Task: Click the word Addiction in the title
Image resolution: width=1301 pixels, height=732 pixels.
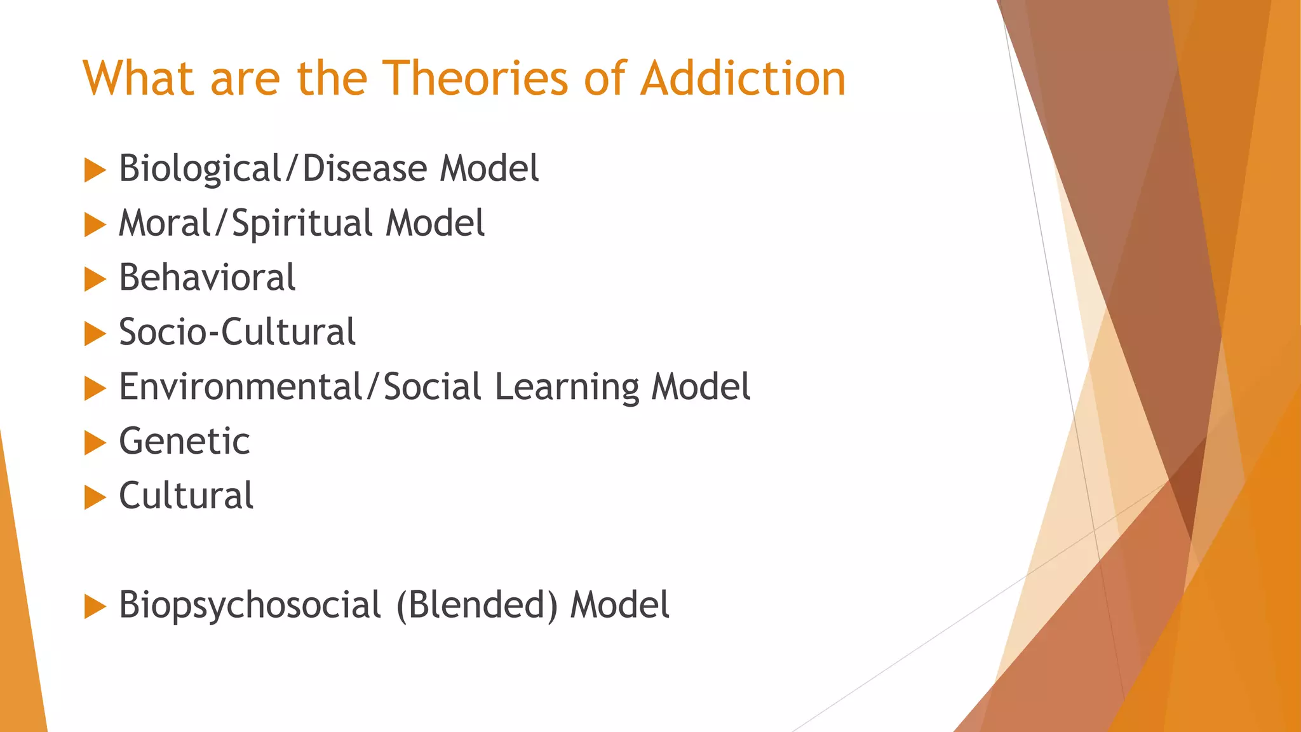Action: [743, 79]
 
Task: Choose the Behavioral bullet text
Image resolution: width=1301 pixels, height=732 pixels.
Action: [207, 278]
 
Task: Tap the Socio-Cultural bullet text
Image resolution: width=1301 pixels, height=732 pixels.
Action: [237, 332]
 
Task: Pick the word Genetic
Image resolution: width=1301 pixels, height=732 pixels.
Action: [184, 441]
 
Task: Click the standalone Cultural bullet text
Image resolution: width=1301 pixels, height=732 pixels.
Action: [186, 496]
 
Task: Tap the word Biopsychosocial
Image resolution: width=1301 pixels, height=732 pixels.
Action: [250, 605]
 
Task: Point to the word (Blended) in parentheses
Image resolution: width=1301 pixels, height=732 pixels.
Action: [476, 605]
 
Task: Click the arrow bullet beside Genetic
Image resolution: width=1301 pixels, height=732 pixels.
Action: [95, 443]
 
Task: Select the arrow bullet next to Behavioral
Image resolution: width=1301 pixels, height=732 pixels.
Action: [95, 280]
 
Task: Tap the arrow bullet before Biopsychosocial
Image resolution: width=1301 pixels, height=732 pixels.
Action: [95, 607]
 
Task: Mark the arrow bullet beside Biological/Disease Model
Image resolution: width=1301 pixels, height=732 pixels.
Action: [95, 170]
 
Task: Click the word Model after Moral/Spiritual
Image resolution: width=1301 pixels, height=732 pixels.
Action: [435, 224]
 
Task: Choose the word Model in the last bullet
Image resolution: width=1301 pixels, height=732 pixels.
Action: [619, 605]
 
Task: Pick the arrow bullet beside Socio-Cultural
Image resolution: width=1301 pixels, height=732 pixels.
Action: [95, 334]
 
